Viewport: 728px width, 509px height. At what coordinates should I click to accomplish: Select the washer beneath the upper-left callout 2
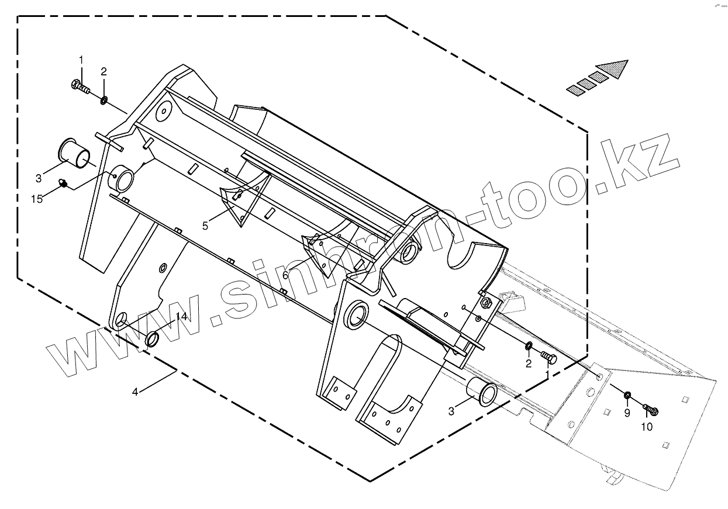103,101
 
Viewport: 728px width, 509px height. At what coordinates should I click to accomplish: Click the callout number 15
37,199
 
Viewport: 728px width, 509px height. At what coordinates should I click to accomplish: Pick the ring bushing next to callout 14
153,339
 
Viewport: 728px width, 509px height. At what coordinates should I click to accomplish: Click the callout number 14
181,317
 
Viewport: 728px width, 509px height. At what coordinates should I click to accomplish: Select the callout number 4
135,392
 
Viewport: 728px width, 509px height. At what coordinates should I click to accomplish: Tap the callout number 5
205,226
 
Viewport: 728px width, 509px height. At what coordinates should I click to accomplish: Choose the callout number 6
285,275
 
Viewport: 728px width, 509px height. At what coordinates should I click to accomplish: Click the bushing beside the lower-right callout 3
483,393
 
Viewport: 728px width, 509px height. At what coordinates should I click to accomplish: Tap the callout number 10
646,427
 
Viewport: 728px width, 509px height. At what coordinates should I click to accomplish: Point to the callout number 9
627,413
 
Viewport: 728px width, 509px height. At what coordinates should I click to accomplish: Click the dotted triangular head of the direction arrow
615,68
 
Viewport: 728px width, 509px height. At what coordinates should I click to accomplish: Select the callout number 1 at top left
81,60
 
